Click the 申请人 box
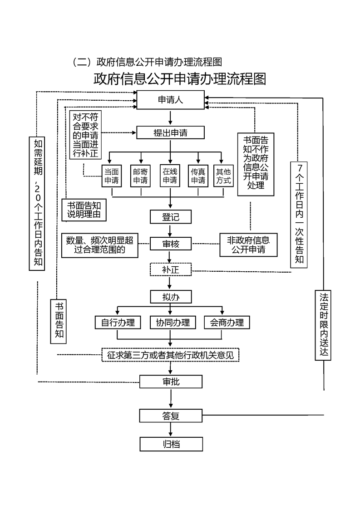point(171,100)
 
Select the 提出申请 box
point(171,133)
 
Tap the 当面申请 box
point(112,176)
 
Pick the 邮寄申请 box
point(141,176)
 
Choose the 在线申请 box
point(170,176)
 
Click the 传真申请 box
point(198,176)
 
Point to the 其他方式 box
point(223,176)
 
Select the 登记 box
point(171,217)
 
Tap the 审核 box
point(171,244)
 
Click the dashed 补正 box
point(171,269)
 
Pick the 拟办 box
point(171,297)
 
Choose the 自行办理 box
point(118,323)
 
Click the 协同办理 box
point(173,323)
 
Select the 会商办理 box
point(227,323)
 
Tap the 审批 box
point(171,382)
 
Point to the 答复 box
point(171,416)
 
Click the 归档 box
point(171,444)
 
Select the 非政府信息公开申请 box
point(249,245)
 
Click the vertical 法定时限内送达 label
point(323,325)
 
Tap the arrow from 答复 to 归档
point(171,430)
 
